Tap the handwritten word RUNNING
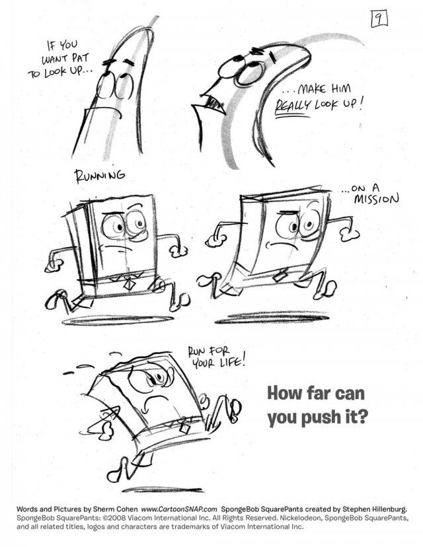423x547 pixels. pyautogui.click(x=99, y=176)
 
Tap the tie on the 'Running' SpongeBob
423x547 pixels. pyautogui.click(x=126, y=281)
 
